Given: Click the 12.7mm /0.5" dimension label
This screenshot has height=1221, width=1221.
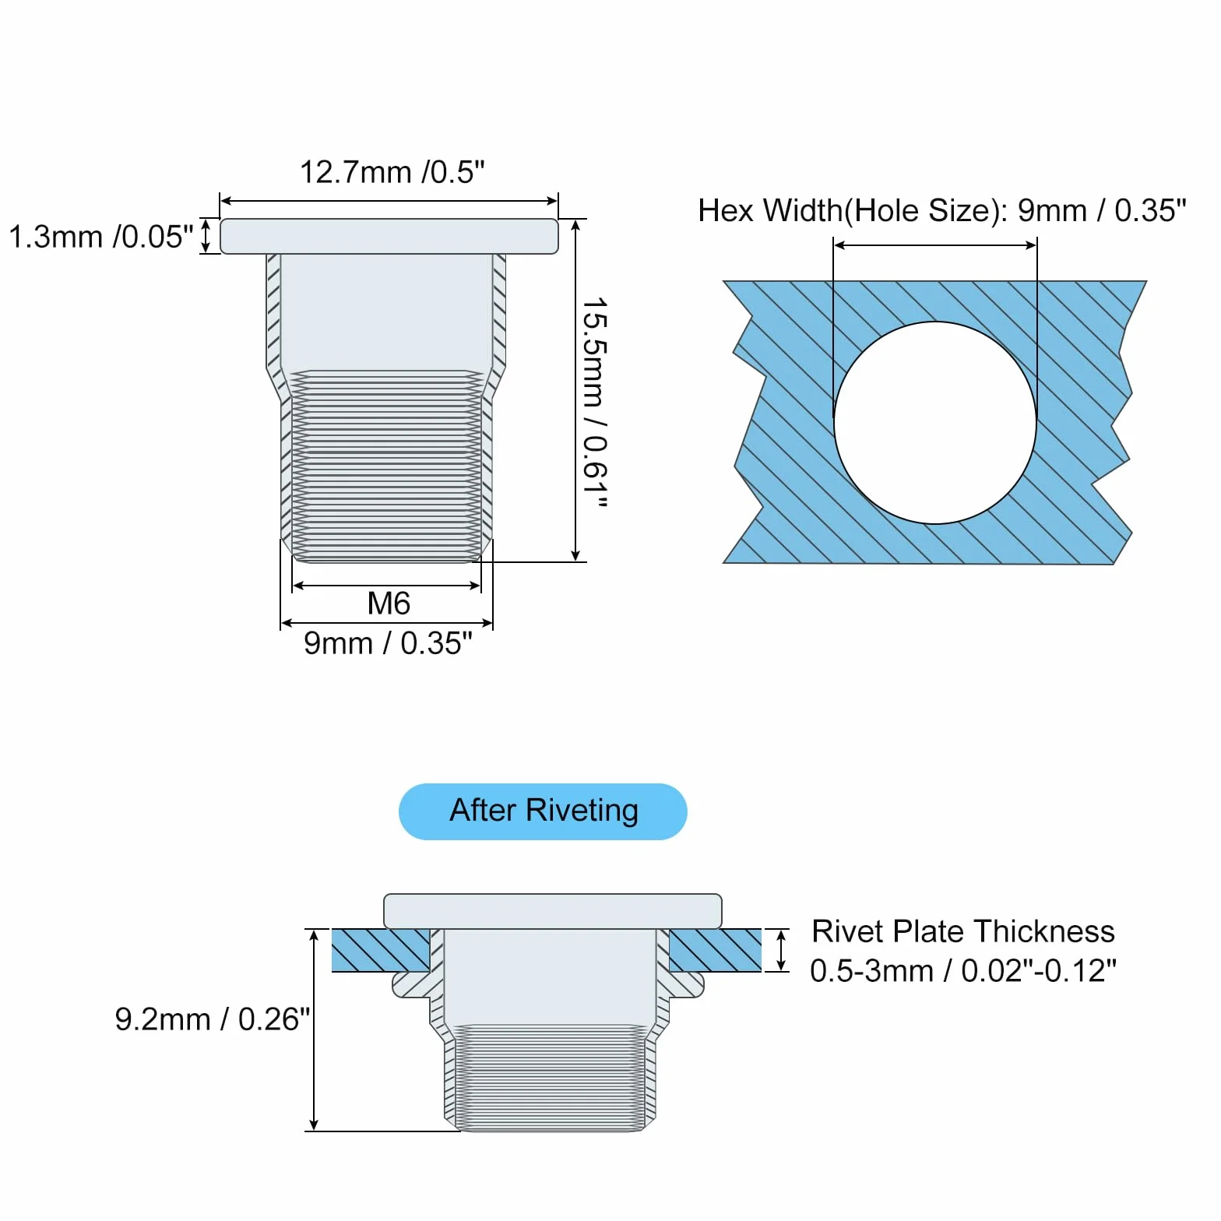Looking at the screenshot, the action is pyautogui.click(x=392, y=172).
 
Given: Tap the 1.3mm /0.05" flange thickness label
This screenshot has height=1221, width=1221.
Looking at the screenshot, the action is pyautogui.click(x=100, y=237).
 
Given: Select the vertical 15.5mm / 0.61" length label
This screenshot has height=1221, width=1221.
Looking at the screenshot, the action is pyautogui.click(x=595, y=403).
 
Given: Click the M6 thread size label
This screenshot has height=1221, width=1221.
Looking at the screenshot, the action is pyautogui.click(x=389, y=603).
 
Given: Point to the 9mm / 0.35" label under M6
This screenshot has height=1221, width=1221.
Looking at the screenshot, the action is pyautogui.click(x=388, y=643).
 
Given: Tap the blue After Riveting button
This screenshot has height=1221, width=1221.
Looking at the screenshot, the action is pyautogui.click(x=543, y=811).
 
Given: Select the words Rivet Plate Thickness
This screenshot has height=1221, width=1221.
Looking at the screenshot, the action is pyautogui.click(x=963, y=931).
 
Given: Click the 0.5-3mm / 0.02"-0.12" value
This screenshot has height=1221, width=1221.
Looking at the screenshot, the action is pyautogui.click(x=963, y=971).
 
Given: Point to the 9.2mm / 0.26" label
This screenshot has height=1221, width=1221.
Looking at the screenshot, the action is pyautogui.click(x=213, y=1019).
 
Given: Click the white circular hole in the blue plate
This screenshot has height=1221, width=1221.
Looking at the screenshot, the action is pyautogui.click(x=935, y=423).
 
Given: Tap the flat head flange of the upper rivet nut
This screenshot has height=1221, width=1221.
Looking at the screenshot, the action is pyautogui.click(x=389, y=236).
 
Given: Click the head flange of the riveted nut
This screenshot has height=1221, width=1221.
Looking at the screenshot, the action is pyautogui.click(x=553, y=911).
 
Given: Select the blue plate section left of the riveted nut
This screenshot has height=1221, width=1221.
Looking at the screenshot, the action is pyautogui.click(x=381, y=950).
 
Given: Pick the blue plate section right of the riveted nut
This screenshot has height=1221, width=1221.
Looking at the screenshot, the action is pyautogui.click(x=715, y=950).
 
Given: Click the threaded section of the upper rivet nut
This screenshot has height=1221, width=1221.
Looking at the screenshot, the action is pyautogui.click(x=387, y=466).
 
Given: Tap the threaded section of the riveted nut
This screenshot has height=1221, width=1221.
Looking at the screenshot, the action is pyautogui.click(x=550, y=1078).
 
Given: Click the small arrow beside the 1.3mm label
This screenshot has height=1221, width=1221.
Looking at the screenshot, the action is pyautogui.click(x=206, y=236).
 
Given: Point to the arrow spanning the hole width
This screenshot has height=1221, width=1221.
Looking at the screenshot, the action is pyautogui.click(x=935, y=245).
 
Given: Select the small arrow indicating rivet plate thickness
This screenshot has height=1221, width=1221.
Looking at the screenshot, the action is pyautogui.click(x=781, y=950).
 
